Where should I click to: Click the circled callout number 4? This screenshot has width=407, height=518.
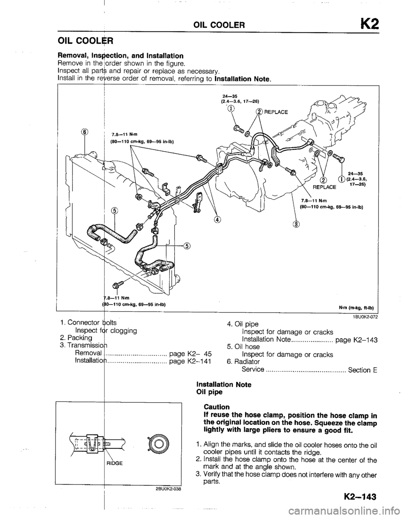point(217,220)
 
